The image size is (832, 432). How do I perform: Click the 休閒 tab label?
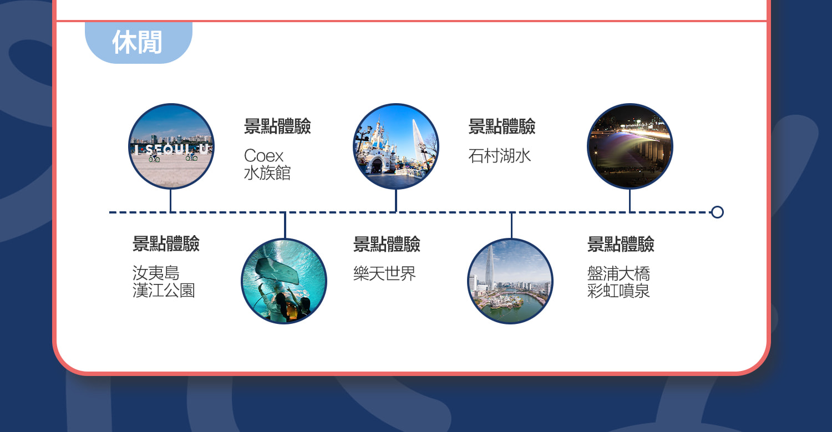[137, 42]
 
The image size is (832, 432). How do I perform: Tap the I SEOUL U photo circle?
[171, 146]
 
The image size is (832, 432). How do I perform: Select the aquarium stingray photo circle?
[284, 281]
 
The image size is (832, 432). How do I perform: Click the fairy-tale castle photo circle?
[396, 146]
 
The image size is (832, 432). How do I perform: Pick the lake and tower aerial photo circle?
[510, 281]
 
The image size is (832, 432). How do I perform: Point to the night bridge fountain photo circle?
[630, 146]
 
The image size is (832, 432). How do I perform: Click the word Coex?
[263, 156]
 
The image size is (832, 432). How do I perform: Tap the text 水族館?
[267, 173]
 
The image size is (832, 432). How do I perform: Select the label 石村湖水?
[499, 156]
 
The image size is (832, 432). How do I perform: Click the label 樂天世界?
[384, 273]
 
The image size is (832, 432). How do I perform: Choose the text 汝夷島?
[156, 273]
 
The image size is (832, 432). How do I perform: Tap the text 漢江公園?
[164, 291]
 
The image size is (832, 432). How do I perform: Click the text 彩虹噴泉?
[618, 291]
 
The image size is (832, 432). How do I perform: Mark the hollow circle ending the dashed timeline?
[717, 212]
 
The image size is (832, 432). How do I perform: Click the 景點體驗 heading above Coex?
[277, 126]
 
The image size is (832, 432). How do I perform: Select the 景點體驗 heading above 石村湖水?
[502, 126]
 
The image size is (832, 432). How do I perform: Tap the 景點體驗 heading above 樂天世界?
[387, 244]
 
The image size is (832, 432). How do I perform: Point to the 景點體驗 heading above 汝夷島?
[166, 244]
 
